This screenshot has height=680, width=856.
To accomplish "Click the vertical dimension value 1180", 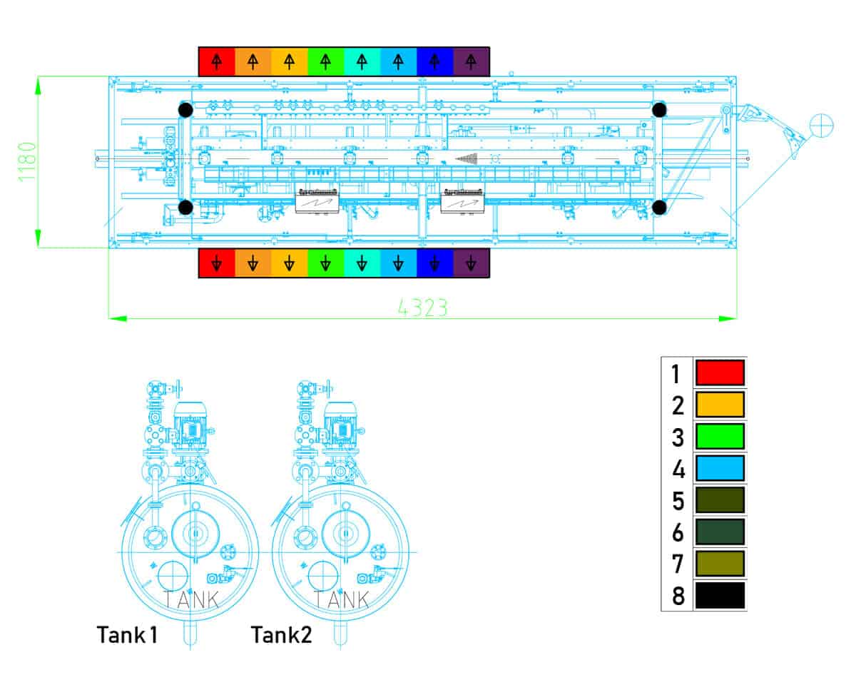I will (x=28, y=161).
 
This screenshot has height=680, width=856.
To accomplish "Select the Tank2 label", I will (x=281, y=634).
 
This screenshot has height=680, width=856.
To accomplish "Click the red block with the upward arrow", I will (x=217, y=61).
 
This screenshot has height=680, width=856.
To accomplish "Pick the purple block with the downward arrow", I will (x=471, y=263).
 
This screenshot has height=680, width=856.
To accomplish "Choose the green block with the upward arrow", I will (x=325, y=61).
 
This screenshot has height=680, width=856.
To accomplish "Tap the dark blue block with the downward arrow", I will (x=434, y=263).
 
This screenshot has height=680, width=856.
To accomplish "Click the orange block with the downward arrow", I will (x=253, y=263).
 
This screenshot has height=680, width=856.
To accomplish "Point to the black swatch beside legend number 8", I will (x=720, y=595).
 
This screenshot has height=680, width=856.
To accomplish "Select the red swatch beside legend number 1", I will (x=720, y=372).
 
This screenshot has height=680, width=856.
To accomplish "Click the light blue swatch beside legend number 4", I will (x=720, y=468).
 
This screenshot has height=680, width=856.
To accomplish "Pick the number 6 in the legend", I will (x=678, y=532).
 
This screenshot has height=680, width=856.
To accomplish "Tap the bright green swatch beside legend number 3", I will (x=720, y=436).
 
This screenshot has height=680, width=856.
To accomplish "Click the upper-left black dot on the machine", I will (x=185, y=110).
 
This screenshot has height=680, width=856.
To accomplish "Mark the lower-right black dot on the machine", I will (x=659, y=207).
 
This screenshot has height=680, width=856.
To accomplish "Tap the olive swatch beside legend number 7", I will (x=720, y=563).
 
